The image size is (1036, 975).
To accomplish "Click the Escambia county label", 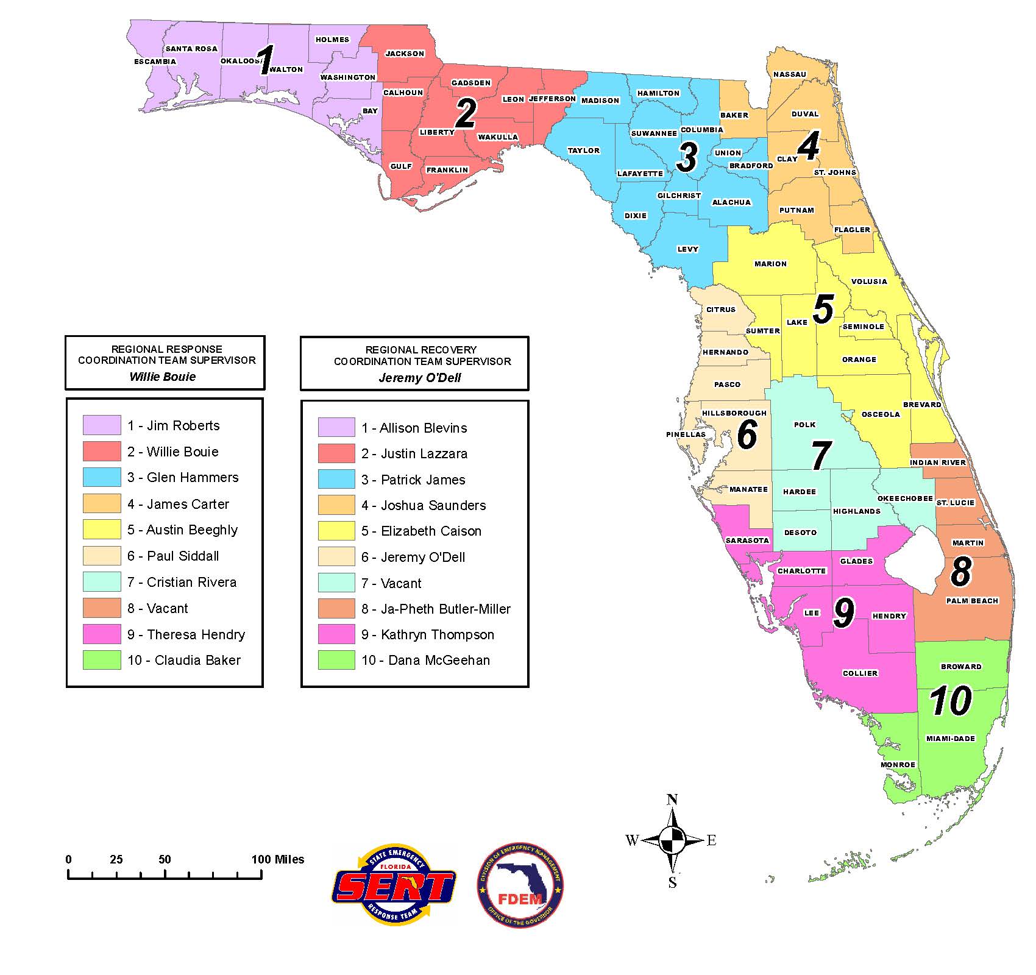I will coord(155,62).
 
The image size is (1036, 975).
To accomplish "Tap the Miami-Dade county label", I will coord(950,739).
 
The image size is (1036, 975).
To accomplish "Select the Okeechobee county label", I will coord(905,498).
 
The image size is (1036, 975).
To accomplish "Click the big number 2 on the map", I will coord(466,114).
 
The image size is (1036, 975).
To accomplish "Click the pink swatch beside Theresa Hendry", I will coord(102,634).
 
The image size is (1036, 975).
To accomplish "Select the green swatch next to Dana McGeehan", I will coord(336,660).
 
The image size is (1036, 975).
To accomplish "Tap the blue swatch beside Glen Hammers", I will coord(102,477).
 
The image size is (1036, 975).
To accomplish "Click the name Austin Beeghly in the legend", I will coord(191,530).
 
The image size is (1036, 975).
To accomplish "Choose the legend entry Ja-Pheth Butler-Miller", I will coord(445,609).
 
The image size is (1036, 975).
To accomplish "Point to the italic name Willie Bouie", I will coord(163,377).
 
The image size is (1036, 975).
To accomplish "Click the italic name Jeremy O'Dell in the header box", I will coord(420,377).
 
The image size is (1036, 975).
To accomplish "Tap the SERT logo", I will coord(394,886).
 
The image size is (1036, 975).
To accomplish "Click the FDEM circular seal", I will coord(520,885).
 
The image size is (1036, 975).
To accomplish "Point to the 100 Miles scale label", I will coord(278,859).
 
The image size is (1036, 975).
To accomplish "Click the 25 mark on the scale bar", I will coord(116,859).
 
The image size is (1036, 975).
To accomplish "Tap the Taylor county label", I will coord(584,151).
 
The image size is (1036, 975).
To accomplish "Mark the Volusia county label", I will coord(869,282).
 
